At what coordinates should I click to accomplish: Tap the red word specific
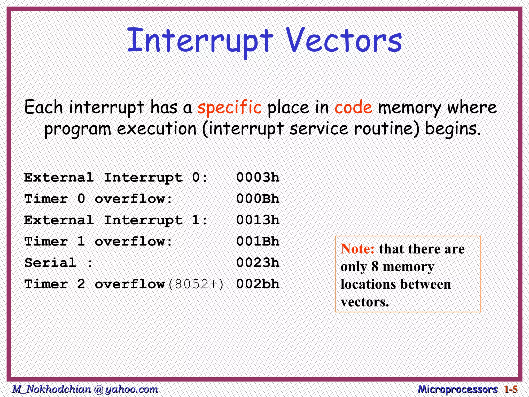click(229, 107)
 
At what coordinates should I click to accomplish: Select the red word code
click(353, 107)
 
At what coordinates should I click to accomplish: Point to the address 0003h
click(258, 178)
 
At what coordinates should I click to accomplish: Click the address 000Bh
click(258, 199)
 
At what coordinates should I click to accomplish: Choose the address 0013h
click(258, 220)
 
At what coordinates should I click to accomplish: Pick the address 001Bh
click(258, 241)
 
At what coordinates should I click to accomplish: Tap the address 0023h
click(258, 263)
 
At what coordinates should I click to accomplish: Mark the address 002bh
click(258, 284)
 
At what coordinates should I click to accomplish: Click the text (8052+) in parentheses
click(196, 284)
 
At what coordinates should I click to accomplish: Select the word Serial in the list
click(50, 263)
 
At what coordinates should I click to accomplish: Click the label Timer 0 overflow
click(98, 199)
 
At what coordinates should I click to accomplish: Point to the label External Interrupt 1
click(116, 220)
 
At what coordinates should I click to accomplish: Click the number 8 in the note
click(375, 266)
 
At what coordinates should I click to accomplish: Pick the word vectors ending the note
click(364, 302)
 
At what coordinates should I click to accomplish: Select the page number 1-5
click(511, 389)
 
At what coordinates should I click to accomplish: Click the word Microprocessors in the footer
click(458, 389)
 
